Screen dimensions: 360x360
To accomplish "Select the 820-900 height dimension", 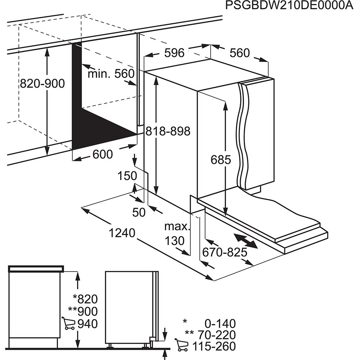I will [42, 84].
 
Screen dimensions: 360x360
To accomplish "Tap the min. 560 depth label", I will [111, 74].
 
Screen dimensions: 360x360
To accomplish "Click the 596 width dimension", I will [174, 53].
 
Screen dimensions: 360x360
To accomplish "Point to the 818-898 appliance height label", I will [168, 131].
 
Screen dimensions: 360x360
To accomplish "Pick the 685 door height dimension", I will [221, 159].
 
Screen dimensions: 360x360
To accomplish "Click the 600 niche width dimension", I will [103, 154].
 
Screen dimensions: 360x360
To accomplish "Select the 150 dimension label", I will [127, 176].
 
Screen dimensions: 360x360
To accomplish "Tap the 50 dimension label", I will [139, 212].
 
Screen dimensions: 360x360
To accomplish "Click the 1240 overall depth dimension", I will [122, 233].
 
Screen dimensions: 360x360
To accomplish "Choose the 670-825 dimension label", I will [225, 252].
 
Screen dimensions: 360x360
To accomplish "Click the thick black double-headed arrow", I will [246, 241].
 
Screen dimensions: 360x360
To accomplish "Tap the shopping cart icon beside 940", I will [68, 323].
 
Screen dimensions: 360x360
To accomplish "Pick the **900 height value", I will [83, 311].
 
